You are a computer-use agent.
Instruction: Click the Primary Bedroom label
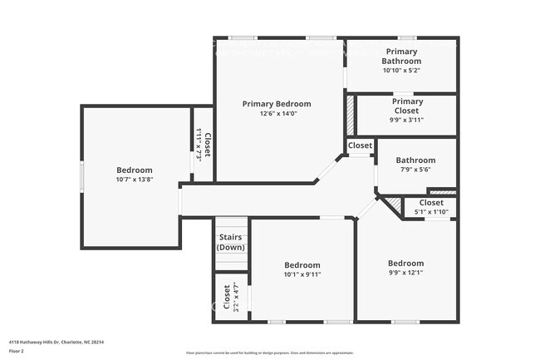(277, 104)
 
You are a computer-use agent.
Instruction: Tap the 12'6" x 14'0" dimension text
(277, 114)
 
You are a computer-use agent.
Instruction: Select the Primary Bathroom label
(401, 56)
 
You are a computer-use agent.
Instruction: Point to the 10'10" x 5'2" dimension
(401, 71)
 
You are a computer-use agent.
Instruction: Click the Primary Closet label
(407, 106)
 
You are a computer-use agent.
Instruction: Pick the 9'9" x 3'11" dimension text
(407, 120)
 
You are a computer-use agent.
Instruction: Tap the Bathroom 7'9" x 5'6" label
(415, 160)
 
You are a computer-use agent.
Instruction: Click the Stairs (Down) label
(231, 243)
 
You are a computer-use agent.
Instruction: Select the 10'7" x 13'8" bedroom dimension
(134, 180)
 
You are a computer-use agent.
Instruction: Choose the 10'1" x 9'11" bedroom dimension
(302, 274)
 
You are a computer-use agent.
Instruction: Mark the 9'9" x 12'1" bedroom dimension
(406, 274)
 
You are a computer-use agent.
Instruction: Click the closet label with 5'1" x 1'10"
(431, 203)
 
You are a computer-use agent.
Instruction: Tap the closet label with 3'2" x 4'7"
(227, 298)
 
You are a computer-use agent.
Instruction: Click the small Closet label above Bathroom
(360, 145)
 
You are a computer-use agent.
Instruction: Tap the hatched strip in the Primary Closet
(351, 116)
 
